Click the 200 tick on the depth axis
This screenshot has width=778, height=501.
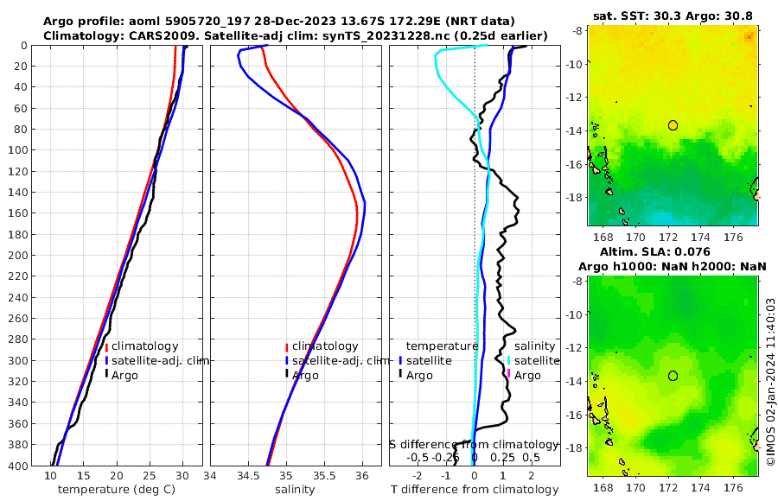point(26,256)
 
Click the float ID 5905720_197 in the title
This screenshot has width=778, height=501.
point(202,20)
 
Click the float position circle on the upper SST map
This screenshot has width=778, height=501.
point(673,125)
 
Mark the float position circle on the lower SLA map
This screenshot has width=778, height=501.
point(673,376)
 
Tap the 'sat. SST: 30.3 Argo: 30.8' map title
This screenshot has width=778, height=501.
point(673,16)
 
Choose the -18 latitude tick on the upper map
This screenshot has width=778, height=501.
point(574,197)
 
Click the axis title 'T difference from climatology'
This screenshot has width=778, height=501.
point(473,490)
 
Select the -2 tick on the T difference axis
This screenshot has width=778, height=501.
point(418,476)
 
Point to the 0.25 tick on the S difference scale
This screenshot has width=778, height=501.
point(502,457)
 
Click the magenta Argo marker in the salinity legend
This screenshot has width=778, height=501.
point(509,375)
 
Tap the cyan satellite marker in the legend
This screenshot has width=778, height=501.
point(509,360)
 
